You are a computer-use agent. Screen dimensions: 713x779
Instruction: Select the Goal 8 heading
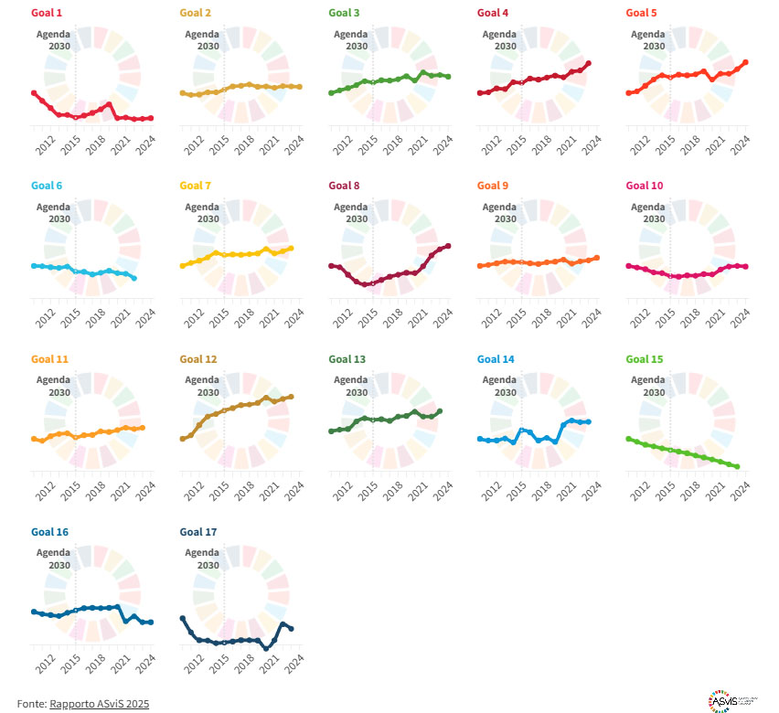click(345, 186)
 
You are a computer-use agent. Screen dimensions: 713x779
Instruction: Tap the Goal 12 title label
click(198, 359)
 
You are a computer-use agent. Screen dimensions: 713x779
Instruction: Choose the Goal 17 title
click(198, 532)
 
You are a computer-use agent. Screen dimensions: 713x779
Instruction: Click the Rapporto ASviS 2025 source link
click(99, 703)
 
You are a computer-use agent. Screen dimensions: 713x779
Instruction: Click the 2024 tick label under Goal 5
click(742, 144)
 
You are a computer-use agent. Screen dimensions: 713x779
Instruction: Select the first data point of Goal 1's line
click(33, 93)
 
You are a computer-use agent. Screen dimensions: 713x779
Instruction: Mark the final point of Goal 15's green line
click(737, 466)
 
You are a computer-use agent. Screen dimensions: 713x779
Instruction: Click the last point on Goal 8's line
click(449, 246)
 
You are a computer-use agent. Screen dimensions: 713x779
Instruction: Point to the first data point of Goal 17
click(182, 618)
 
